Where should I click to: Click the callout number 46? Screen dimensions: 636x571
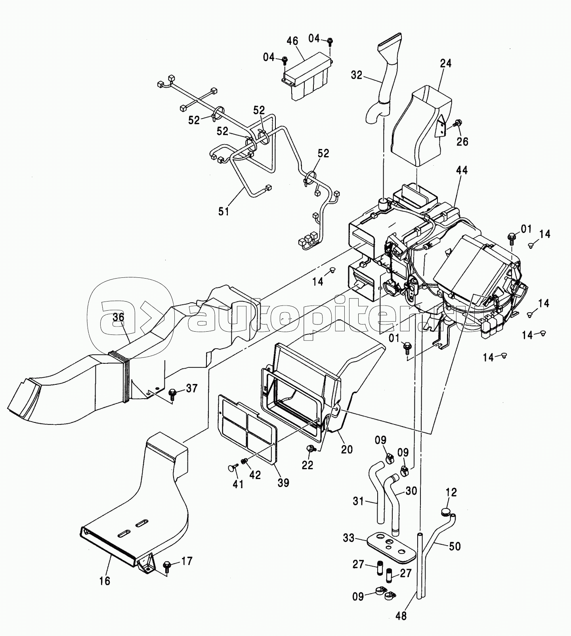coord(292,41)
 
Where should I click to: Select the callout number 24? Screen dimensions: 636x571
coord(445,63)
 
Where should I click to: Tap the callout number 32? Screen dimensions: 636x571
coord(357,74)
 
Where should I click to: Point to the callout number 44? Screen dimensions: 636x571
coord(462,170)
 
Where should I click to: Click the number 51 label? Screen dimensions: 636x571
coord(224,211)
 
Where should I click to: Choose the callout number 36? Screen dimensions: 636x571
coord(118,317)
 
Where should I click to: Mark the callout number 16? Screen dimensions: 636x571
coord(105,581)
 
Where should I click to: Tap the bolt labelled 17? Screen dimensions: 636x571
coord(167,564)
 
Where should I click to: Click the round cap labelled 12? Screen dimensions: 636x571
coord(446,513)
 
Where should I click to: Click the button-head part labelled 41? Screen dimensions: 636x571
coord(231,469)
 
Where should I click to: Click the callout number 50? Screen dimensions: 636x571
coord(455,546)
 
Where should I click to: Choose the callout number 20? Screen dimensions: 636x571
coord(347,449)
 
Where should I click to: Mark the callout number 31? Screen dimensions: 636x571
coord(358,501)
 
